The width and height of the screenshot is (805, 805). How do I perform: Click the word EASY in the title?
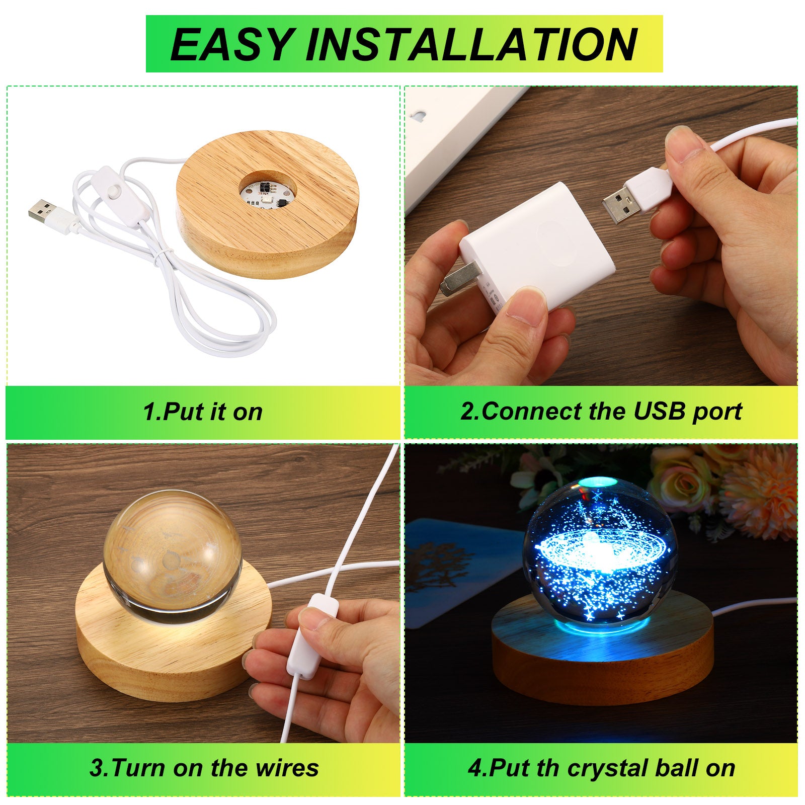[x=232, y=44]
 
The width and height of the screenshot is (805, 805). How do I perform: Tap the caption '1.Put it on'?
[x=203, y=412]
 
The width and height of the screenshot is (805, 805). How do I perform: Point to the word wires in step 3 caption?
[x=287, y=768]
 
